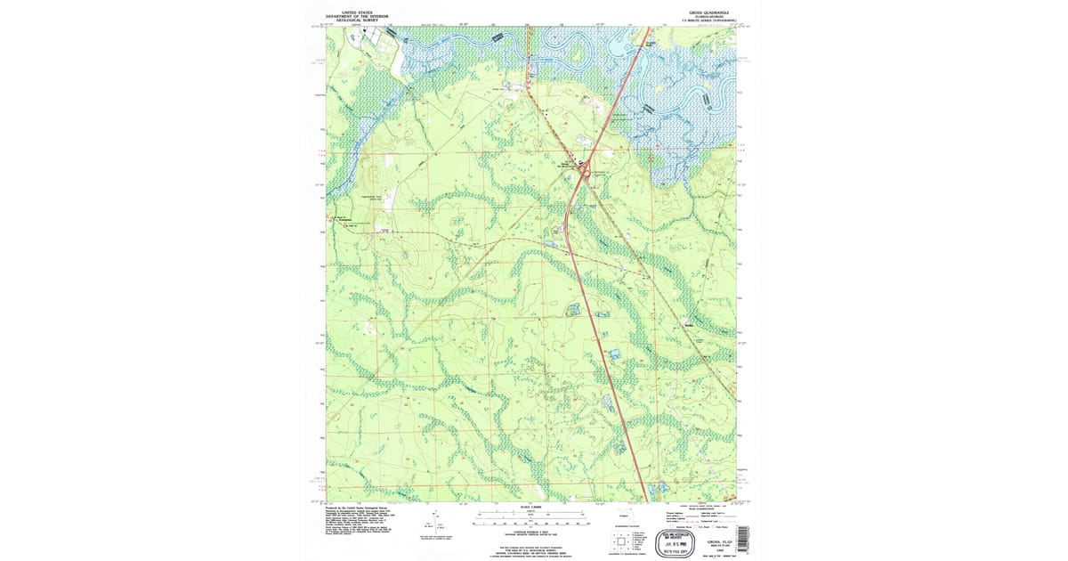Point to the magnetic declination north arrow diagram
coord(429,526)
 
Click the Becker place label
coord(688,324)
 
